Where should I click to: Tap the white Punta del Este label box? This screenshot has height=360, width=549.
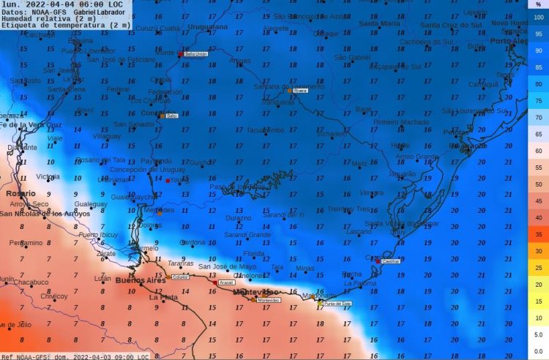click(337, 303)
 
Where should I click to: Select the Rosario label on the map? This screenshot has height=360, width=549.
click(20, 192)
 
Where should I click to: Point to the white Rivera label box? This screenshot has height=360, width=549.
click(299, 91)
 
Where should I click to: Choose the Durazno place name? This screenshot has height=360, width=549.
click(238, 218)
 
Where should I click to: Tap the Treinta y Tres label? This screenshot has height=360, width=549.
click(349, 209)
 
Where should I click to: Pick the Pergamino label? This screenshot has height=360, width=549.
click(26, 243)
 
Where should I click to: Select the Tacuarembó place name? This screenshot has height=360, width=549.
click(265, 130)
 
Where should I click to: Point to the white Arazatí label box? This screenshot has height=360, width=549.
click(226, 282)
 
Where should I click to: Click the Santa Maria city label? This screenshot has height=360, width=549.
click(380, 24)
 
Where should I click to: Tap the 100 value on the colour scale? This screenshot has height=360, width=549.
click(539, 18)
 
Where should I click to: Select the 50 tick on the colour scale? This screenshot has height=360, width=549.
click(539, 184)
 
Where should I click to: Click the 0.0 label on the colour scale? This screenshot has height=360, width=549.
click(539, 351)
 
